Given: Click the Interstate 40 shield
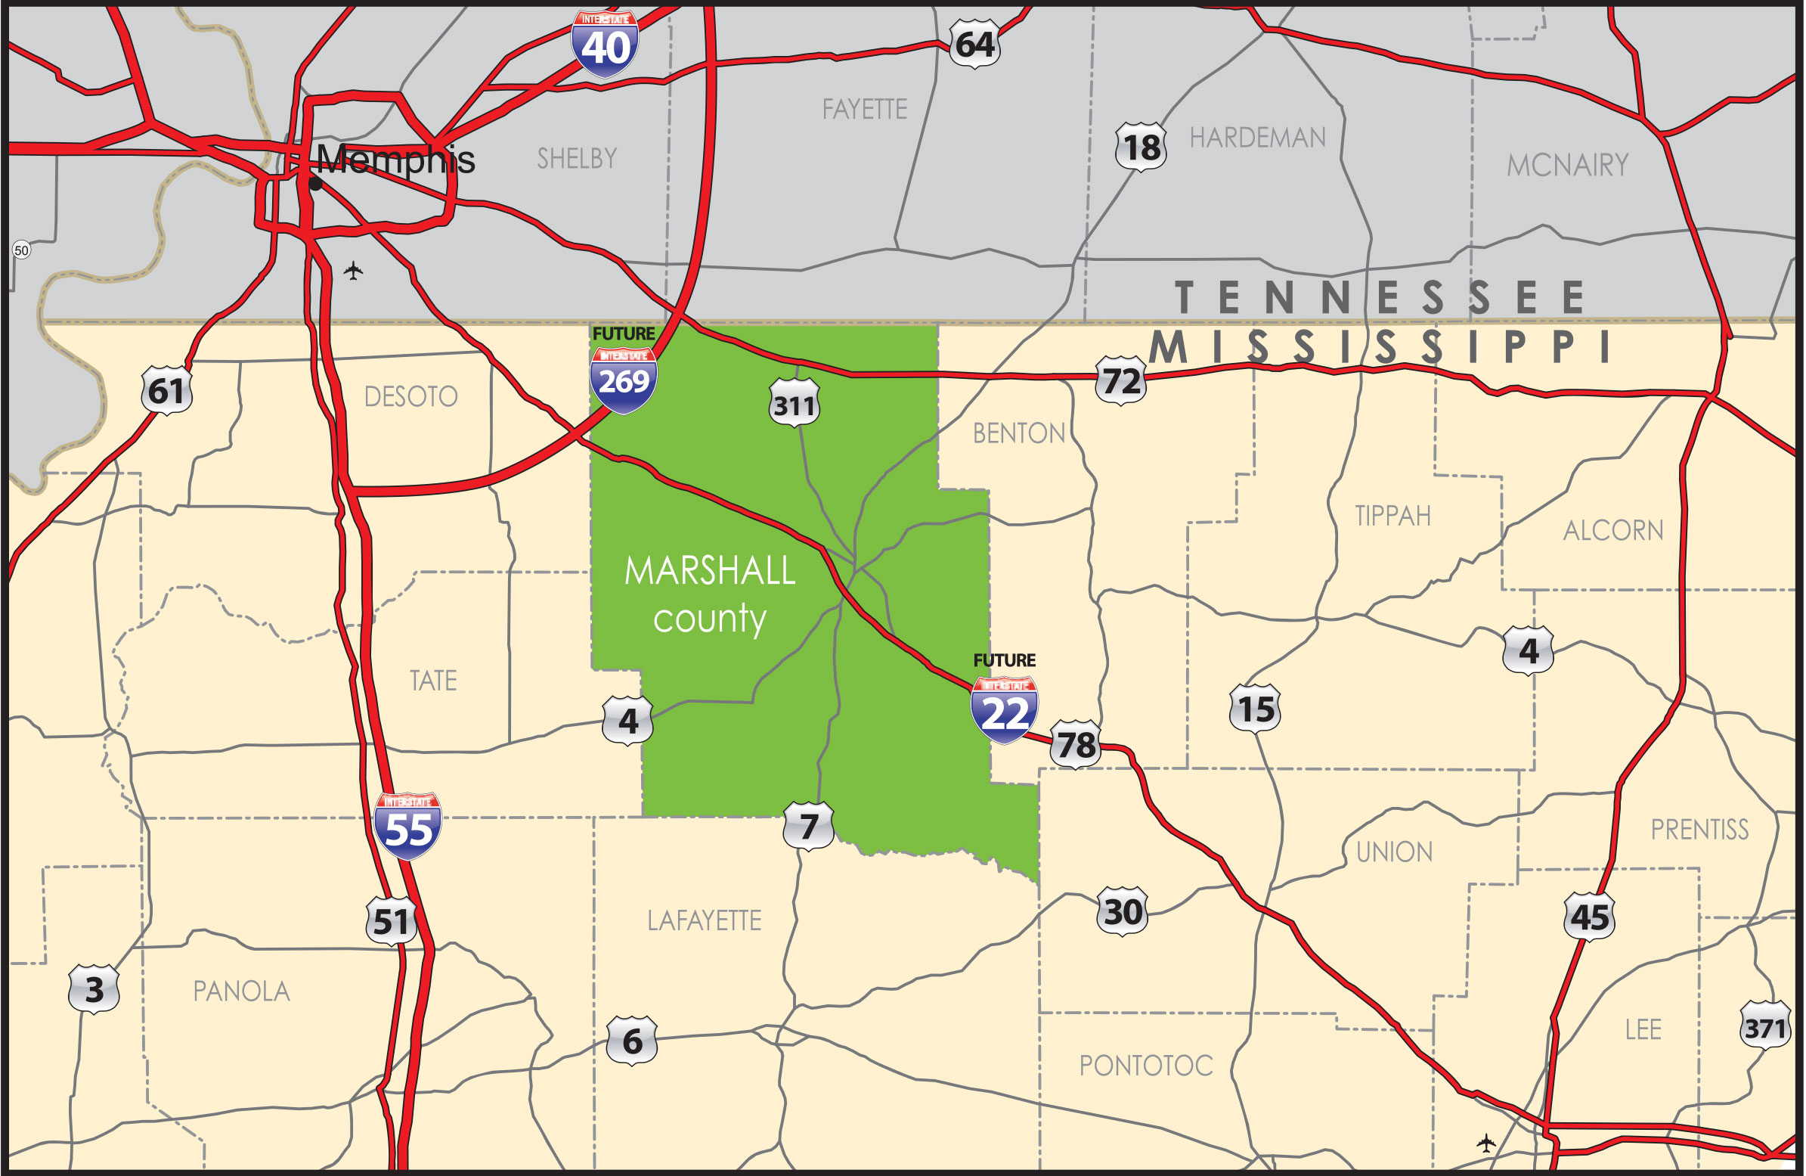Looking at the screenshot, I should [605, 44].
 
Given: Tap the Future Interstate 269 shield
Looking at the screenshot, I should [623, 379].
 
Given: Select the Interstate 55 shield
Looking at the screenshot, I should [407, 827].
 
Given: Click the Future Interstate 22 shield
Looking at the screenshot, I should [1004, 710].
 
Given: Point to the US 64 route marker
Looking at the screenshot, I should [974, 44].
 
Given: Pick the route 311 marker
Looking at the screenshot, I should [794, 404].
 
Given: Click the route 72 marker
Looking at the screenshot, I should [1121, 380].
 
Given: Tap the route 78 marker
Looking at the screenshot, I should [1076, 744].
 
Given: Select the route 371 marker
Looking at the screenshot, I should [1764, 1028].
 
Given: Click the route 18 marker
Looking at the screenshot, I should [1141, 147].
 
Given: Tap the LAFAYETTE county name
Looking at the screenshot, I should [705, 921].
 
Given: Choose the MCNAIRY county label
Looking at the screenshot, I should [1568, 165].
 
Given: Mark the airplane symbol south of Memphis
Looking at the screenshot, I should [353, 270].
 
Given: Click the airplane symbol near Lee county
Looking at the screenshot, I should [1485, 1143].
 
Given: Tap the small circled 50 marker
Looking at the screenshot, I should [21, 250].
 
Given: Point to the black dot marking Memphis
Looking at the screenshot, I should [316, 184].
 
